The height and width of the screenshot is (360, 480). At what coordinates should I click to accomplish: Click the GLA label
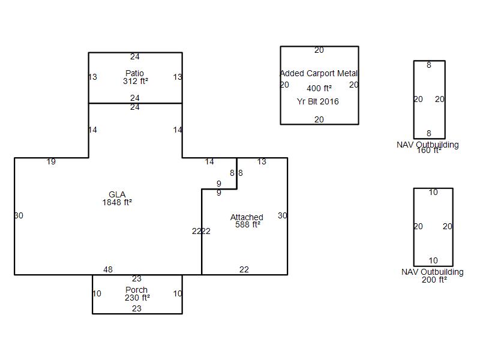[117, 194]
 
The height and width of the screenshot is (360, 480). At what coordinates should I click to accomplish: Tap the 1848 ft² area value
[117, 203]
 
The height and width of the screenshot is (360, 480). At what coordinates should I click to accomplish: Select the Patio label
[135, 73]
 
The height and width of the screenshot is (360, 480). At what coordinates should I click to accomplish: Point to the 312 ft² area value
[135, 81]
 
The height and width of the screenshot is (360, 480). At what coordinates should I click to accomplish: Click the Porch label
[137, 290]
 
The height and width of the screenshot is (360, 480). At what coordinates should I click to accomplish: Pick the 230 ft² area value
[137, 298]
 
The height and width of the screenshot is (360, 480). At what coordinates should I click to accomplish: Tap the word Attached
[247, 217]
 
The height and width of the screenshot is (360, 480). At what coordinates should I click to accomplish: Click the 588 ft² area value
[247, 225]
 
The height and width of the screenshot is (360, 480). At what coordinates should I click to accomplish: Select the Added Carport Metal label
[319, 73]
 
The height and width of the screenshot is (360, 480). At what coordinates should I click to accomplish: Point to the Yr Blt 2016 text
[318, 101]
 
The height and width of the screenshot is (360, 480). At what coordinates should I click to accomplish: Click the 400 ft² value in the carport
[319, 88]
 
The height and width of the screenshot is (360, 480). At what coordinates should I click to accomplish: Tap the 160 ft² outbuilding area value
[429, 151]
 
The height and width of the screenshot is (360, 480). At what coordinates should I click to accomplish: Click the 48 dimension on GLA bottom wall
[108, 269]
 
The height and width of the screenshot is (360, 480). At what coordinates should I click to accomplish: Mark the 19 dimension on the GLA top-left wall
[52, 161]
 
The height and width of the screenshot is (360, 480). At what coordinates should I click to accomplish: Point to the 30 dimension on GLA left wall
[19, 215]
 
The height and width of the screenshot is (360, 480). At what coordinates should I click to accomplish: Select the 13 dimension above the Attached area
[262, 161]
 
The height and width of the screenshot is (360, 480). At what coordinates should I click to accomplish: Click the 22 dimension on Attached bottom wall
[244, 269]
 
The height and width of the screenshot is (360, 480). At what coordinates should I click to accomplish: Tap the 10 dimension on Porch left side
[97, 294]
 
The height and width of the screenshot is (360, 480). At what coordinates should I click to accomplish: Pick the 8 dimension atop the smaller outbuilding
[429, 65]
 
